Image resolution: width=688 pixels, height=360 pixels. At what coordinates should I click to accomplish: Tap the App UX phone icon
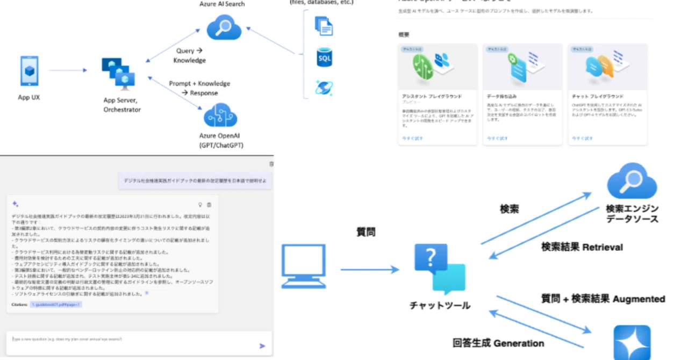tap(29, 71)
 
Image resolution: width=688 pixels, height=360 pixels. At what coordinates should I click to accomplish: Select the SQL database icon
tap(324, 57)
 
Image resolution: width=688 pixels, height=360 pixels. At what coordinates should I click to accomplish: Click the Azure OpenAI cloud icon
tap(220, 115)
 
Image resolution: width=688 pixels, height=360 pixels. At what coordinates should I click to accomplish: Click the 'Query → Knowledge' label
tap(189, 55)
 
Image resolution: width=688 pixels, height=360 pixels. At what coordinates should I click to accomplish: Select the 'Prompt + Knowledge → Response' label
tap(199, 88)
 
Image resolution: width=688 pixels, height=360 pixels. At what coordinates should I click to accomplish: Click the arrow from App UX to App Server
tap(68, 70)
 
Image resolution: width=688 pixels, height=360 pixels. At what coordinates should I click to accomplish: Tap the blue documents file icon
tap(324, 25)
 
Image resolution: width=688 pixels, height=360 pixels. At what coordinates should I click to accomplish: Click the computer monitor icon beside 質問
tap(304, 266)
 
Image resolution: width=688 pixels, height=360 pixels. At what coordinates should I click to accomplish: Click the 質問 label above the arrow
tap(366, 232)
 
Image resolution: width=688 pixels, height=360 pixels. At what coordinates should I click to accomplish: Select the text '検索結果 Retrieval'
tap(582, 247)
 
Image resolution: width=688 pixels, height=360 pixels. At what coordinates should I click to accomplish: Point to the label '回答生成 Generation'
tap(498, 343)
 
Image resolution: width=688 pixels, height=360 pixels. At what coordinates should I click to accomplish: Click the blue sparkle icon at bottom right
tap(632, 343)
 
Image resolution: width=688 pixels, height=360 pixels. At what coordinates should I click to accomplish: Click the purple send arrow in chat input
tap(262, 346)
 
